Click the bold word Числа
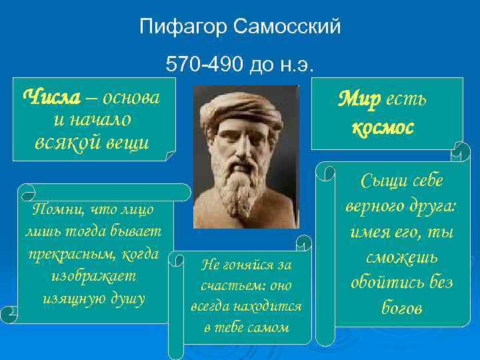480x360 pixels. click(x=51, y=97)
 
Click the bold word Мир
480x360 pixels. click(x=358, y=100)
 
